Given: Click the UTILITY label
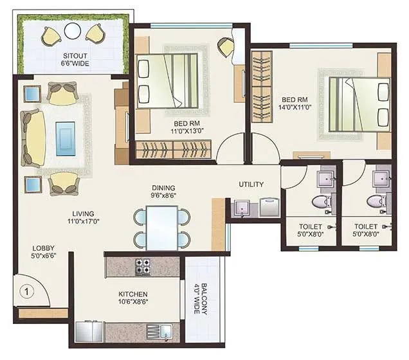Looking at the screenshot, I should (x=251, y=184).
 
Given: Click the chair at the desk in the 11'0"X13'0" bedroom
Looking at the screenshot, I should (x=226, y=46).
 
